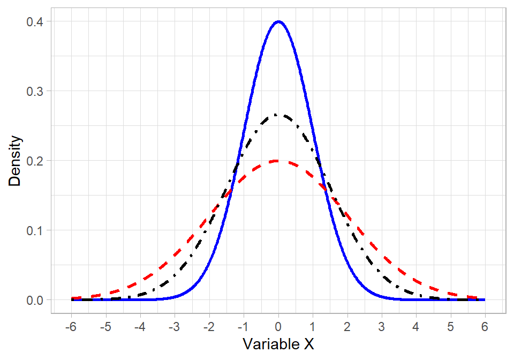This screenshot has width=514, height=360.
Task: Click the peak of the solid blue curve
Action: tap(278, 21)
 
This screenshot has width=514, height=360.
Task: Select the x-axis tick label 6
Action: tap(485, 326)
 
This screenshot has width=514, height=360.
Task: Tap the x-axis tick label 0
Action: tap(278, 326)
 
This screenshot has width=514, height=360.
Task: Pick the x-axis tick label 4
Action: tap(416, 326)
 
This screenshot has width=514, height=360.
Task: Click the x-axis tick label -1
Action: tap(243, 326)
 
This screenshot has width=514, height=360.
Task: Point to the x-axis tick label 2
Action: tap(347, 326)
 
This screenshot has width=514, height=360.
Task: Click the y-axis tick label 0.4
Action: tap(35, 21)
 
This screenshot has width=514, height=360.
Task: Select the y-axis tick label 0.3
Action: tap(35, 91)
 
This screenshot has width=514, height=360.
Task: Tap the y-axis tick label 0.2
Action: tap(35, 161)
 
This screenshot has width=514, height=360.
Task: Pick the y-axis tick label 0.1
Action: tap(35, 230)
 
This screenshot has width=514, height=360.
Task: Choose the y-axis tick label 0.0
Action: tap(35, 300)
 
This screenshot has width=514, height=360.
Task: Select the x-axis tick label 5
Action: tap(451, 326)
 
